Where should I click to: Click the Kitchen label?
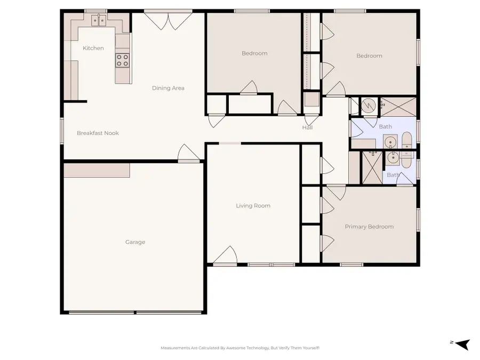tap(93, 48)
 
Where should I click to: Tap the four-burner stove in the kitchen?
tap(123, 60)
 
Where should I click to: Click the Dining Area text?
tap(168, 88)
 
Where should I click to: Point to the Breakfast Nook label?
tap(98, 133)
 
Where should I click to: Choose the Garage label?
tap(135, 242)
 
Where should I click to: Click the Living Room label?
tap(253, 205)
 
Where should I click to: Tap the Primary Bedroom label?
tap(369, 227)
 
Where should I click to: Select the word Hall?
tap(308, 127)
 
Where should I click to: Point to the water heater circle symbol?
tap(368, 106)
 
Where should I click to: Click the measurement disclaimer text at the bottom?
tap(240, 348)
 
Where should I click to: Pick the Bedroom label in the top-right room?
tap(369, 56)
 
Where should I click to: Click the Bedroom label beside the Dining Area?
tap(254, 53)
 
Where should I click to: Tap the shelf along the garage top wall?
tap(97, 170)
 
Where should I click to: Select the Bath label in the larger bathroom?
tap(385, 126)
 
